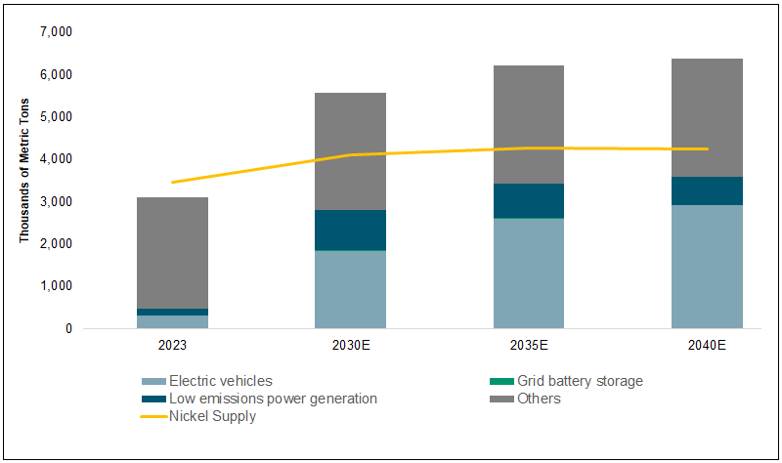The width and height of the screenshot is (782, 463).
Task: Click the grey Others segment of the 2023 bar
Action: (x=172, y=252)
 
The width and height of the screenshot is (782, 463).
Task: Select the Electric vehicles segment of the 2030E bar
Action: (x=350, y=289)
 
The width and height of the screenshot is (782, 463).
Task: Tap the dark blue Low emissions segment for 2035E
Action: (x=528, y=200)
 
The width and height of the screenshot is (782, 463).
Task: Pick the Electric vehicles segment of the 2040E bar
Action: (x=707, y=266)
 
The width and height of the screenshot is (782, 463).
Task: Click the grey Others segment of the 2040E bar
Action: (x=707, y=117)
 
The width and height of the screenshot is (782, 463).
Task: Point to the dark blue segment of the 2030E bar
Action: (x=350, y=230)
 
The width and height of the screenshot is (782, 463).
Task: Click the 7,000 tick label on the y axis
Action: (x=54, y=32)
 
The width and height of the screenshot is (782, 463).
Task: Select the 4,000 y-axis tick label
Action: (x=54, y=159)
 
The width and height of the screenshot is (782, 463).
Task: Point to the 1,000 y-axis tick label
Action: (x=54, y=286)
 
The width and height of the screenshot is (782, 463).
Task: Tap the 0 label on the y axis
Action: (x=67, y=329)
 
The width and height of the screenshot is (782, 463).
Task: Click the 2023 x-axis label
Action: (x=172, y=346)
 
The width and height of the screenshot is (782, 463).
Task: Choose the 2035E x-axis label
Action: (x=528, y=346)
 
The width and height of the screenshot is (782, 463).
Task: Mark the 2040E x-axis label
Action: (x=707, y=346)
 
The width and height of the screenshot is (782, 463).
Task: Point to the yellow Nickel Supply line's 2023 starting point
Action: (x=172, y=182)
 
